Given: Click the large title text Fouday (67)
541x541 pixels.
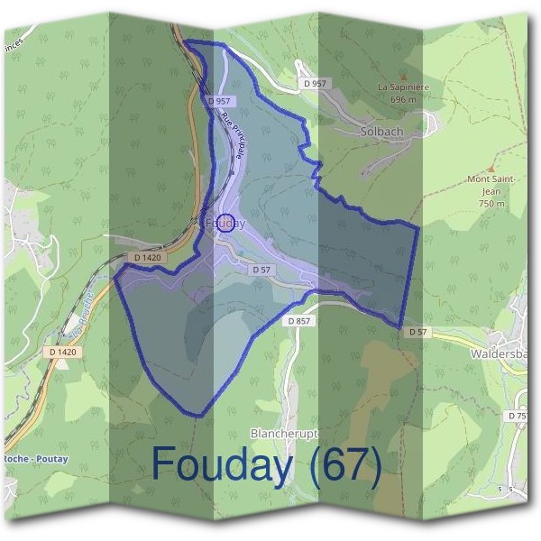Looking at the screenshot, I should pos(267,464).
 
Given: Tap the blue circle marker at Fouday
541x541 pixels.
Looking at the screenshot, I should pos(227,223).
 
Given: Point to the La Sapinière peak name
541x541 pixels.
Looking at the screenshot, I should pos(402,88).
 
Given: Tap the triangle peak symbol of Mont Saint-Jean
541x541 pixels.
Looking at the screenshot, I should pos(491,169).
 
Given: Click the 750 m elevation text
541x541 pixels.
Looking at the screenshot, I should pos(491,204).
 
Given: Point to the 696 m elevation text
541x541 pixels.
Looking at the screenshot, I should pos(402,99).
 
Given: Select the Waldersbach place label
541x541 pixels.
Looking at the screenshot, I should pos(503,354).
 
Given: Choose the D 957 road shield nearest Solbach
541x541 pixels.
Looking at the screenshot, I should pos(316,83).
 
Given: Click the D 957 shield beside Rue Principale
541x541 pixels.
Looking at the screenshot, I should pos(218,101).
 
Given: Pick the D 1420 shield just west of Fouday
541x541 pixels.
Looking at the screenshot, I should pos(147,258).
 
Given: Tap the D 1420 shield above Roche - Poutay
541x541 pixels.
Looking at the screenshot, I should pos(63,352).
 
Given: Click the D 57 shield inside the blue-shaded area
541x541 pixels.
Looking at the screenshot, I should pos(261,270).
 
